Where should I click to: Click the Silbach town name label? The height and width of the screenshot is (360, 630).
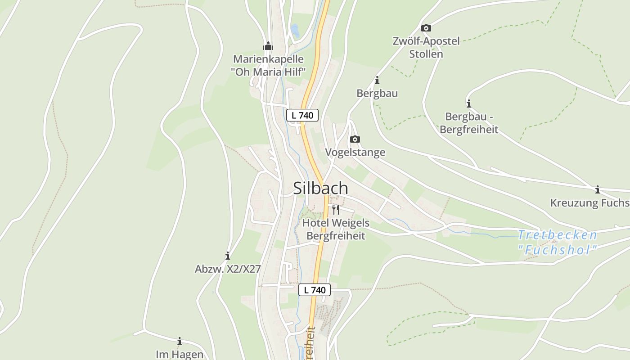(320, 188)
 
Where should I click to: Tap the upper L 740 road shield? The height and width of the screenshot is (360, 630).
(302, 115)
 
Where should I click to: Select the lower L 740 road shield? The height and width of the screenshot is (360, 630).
(315, 290)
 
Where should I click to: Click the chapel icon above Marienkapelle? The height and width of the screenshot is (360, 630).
(268, 46)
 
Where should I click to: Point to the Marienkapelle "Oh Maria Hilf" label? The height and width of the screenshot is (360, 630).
(268, 65)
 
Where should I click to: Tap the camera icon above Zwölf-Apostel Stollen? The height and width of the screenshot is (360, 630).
(426, 28)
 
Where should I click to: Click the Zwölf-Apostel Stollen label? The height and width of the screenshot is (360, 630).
(426, 48)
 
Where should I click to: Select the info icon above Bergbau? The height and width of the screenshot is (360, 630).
(377, 81)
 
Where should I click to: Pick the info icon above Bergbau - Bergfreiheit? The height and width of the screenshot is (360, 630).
(469, 103)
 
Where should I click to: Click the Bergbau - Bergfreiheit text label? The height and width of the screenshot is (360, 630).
(469, 123)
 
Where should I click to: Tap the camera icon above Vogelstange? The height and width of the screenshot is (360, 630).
(355, 139)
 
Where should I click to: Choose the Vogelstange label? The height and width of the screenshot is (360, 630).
(355, 152)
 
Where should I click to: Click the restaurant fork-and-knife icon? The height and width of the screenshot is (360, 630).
(335, 209)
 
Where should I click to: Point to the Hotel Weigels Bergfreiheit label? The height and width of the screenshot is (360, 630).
(336, 229)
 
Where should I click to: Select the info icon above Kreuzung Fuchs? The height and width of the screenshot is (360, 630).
(598, 189)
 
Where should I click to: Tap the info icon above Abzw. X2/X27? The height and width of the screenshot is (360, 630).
(228, 256)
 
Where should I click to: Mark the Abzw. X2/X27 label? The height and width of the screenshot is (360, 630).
(228, 269)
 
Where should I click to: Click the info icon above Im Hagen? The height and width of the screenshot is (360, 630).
(180, 341)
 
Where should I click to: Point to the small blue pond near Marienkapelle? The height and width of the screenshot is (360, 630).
(295, 31)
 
